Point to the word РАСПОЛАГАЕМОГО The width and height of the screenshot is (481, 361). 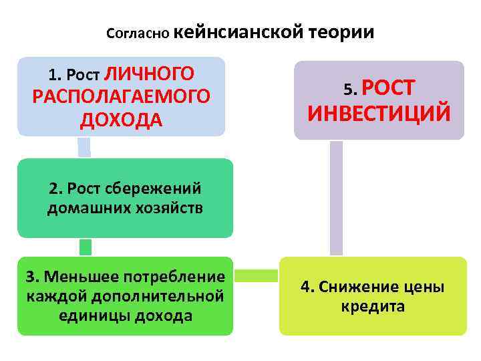(121, 96)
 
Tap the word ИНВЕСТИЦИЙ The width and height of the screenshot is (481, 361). (379, 113)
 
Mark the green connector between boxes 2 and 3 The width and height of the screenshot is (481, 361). (85, 247)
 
